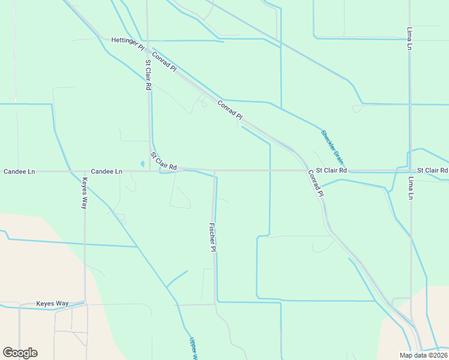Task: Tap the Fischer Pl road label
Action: (212, 237)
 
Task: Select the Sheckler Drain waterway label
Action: (332, 148)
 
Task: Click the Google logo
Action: (20, 353)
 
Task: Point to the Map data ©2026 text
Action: (423, 355)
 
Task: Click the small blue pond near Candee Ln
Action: (142, 163)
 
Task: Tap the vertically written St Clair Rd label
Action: (148, 75)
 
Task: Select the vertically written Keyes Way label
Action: (85, 193)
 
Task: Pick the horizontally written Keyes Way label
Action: (52, 304)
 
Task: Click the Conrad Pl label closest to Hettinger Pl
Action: (164, 62)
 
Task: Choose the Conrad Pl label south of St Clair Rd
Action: (316, 184)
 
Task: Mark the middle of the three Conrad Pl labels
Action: (230, 109)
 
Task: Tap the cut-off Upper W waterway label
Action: (193, 348)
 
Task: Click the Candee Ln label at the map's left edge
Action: (19, 172)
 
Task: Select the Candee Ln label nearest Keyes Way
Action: (107, 172)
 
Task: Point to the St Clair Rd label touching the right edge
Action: (432, 170)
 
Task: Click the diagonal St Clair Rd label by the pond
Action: (163, 161)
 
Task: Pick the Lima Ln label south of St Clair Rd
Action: (411, 188)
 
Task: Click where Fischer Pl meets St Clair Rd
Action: (214, 171)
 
